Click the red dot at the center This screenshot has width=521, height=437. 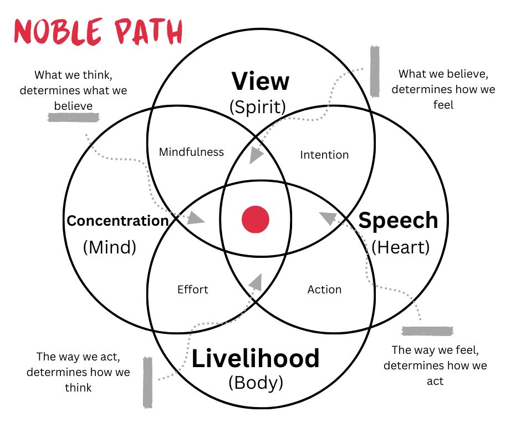pyautogui.click(x=256, y=219)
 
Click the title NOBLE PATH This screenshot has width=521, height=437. pyautogui.click(x=98, y=32)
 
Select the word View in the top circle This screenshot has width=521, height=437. pyautogui.click(x=260, y=81)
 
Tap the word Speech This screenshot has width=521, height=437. pyautogui.click(x=398, y=220)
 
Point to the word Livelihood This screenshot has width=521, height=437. pyautogui.click(x=256, y=358)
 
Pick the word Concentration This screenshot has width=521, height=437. pyautogui.click(x=118, y=221)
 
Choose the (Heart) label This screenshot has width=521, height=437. pyautogui.click(x=400, y=247)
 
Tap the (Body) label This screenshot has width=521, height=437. pyautogui.click(x=256, y=383)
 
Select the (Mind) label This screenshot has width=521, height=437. pyautogui.click(x=109, y=247)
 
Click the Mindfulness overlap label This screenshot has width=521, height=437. pyautogui.click(x=191, y=152)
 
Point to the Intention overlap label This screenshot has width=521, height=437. pyautogui.click(x=324, y=155)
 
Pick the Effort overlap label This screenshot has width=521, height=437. pyautogui.click(x=192, y=289)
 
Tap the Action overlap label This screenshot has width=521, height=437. pyautogui.click(x=324, y=289)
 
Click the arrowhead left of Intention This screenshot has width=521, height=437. pyautogui.click(x=256, y=155)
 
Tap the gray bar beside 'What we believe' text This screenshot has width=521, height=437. pyautogui.click(x=375, y=71)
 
